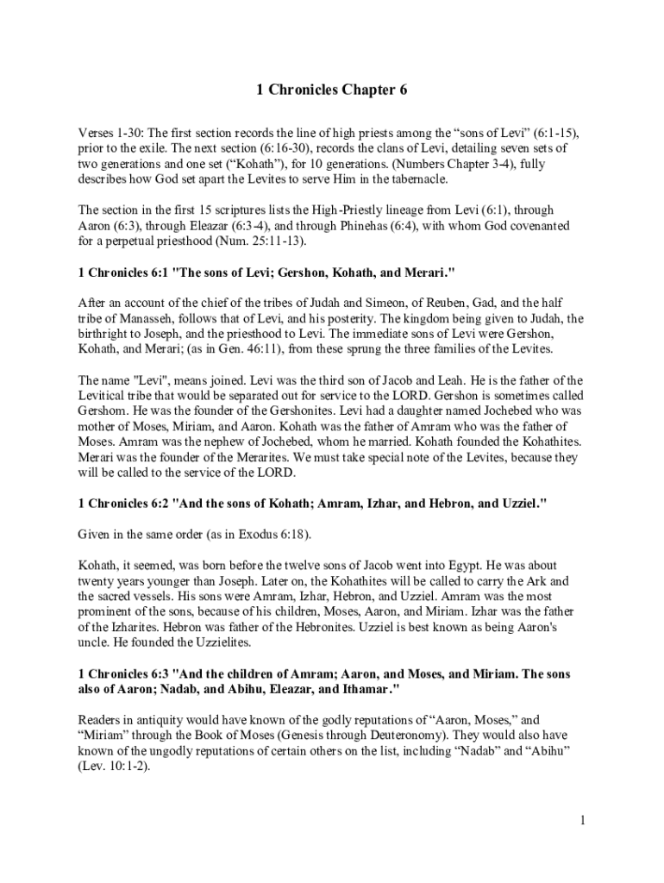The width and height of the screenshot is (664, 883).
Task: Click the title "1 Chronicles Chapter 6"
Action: [x=332, y=90]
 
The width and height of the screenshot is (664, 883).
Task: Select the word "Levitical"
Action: [x=104, y=396]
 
